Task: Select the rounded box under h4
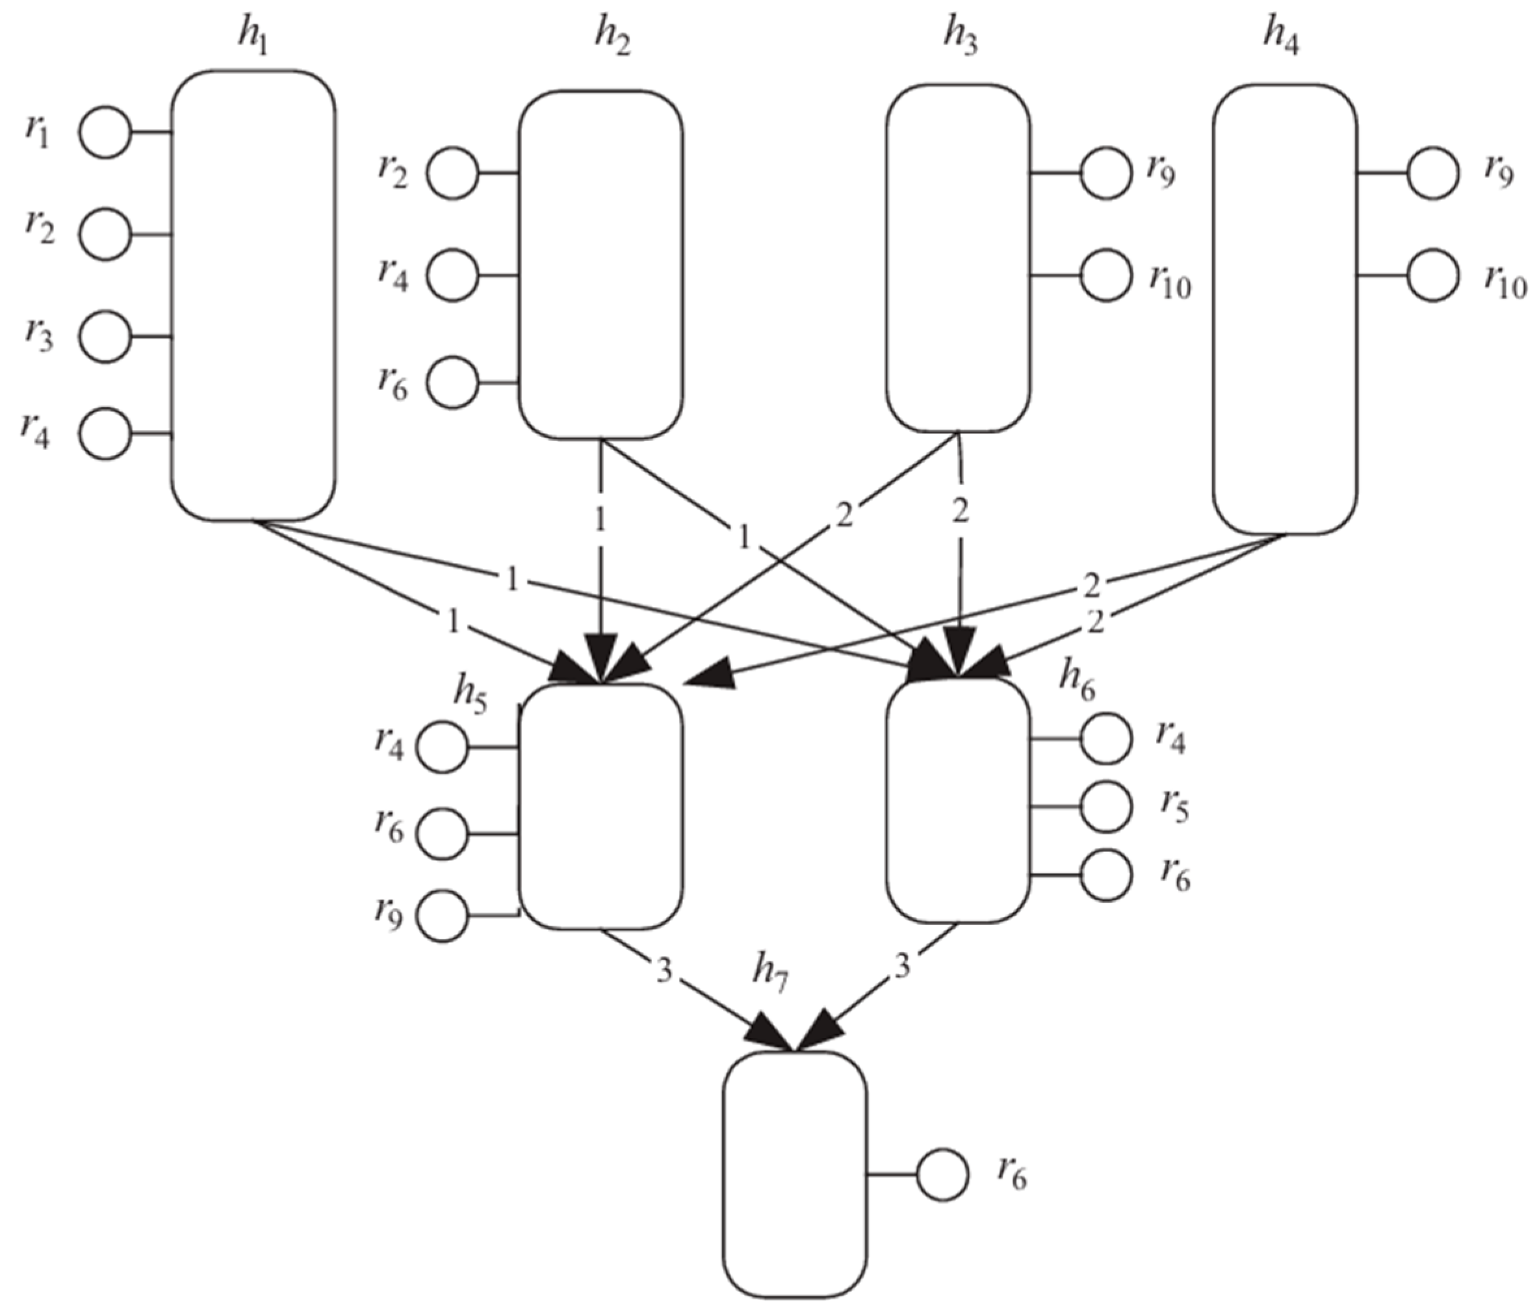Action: click(x=1285, y=308)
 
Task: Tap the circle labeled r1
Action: click(x=105, y=133)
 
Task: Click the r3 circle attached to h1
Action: click(x=105, y=337)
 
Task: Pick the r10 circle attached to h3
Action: click(x=1106, y=276)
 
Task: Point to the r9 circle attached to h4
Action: click(x=1432, y=174)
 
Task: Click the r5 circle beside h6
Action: click(x=1106, y=807)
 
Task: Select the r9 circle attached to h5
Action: click(x=442, y=916)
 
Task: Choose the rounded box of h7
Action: click(x=794, y=1174)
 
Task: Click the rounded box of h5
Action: click(x=600, y=807)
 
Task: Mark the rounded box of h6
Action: click(x=959, y=807)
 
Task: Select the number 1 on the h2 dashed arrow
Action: click(x=600, y=520)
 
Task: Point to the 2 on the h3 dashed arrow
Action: click(x=960, y=511)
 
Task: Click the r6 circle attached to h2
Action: click(x=452, y=383)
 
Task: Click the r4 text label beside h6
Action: click(x=1170, y=738)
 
